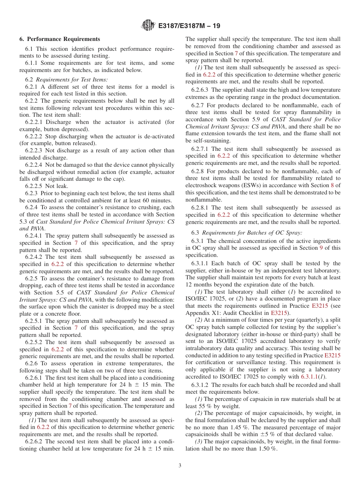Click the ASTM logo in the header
[x=148, y=25]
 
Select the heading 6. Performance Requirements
[x=60, y=39]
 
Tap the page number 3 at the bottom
[x=180, y=465]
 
